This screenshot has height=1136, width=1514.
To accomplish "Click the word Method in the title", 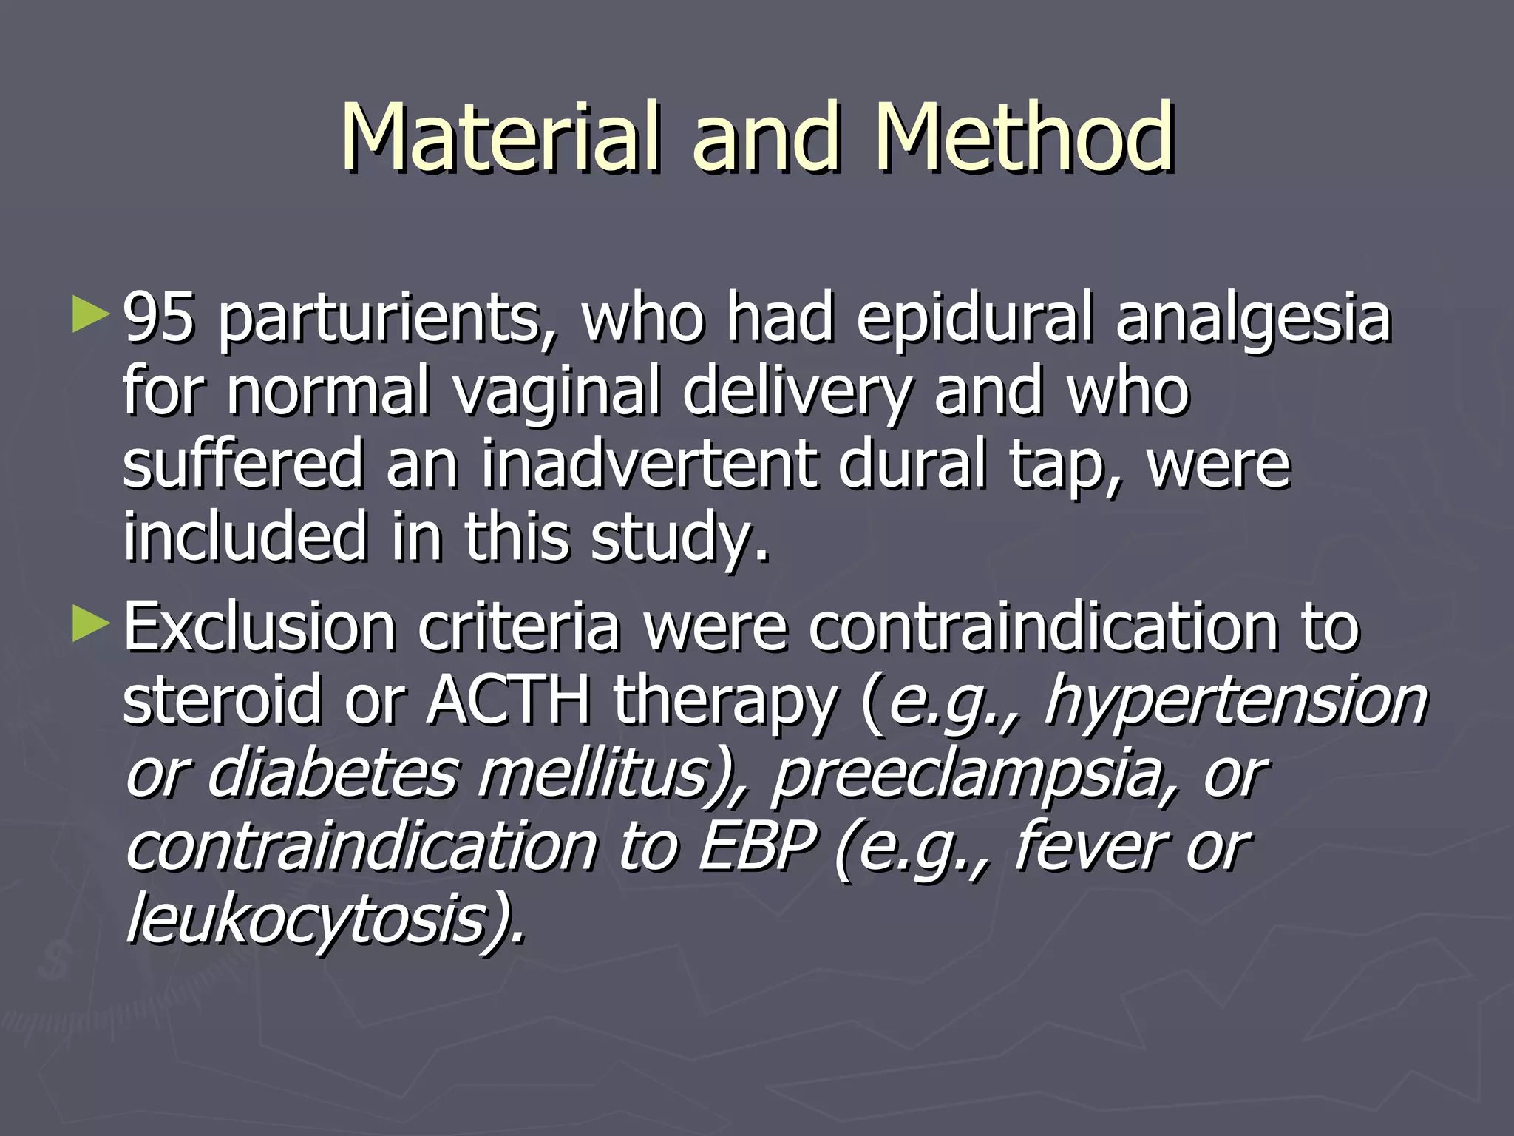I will (1023, 137).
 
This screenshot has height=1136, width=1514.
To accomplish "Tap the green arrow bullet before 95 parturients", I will (91, 314).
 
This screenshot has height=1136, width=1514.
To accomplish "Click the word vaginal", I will (556, 392).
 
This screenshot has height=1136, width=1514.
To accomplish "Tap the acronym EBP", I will (758, 846).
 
